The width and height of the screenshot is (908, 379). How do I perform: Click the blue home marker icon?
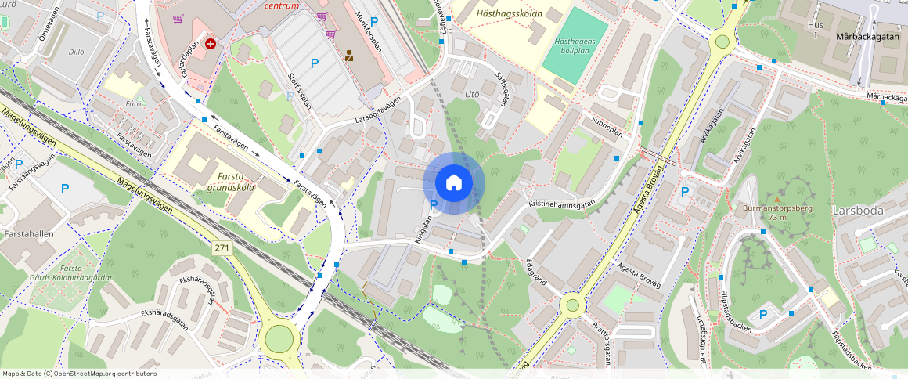454,182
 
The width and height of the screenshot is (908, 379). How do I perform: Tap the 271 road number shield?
222,247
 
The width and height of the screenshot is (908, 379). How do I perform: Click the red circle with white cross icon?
211,45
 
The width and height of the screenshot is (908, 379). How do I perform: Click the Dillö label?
76,52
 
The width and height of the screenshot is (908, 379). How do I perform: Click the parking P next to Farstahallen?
64,188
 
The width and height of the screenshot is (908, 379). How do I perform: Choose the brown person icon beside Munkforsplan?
349,56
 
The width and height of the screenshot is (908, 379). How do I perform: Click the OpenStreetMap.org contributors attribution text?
104,374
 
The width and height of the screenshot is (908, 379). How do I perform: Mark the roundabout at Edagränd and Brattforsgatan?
572,304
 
